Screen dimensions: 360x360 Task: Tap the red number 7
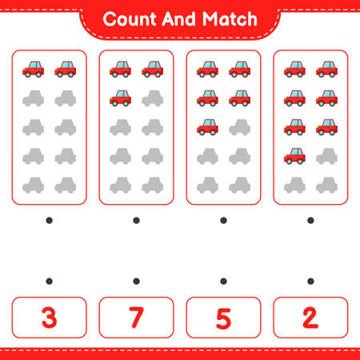click(x=136, y=317)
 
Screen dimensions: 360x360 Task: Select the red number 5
click(x=223, y=317)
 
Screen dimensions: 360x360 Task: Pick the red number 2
click(x=310, y=317)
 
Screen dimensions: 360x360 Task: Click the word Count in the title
click(x=130, y=18)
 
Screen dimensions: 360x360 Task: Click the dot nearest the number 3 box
click(x=49, y=280)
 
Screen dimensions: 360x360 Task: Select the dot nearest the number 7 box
click(x=136, y=280)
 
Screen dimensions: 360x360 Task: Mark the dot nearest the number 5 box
click(x=223, y=280)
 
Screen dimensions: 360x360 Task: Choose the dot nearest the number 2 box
click(x=310, y=280)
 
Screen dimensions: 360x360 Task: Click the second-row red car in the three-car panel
click(x=120, y=98)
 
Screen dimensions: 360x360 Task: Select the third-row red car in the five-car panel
click(x=207, y=126)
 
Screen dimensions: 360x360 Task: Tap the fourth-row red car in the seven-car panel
click(x=294, y=155)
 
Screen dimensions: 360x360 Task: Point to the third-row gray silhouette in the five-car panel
click(x=239, y=127)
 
